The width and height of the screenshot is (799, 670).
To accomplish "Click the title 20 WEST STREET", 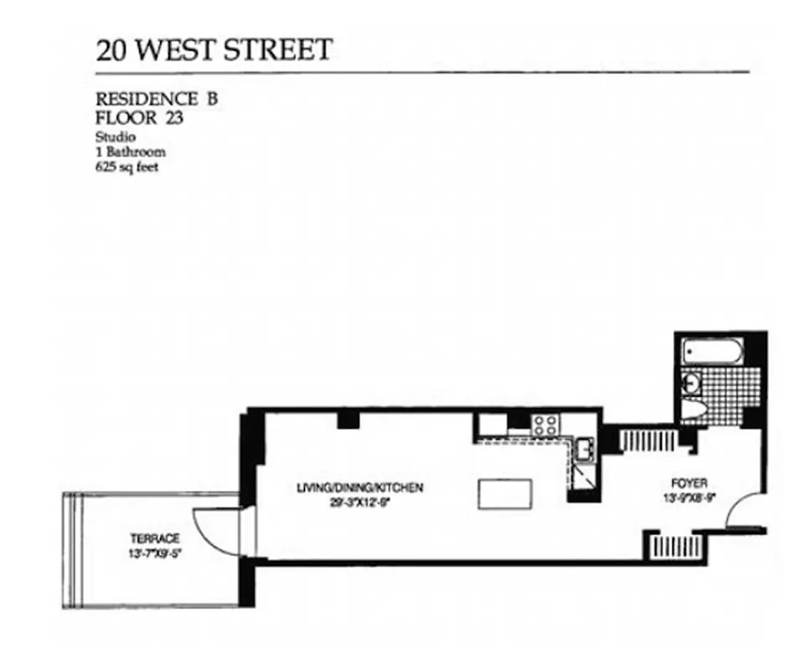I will click(x=214, y=49).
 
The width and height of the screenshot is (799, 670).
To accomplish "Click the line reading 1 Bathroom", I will click(x=131, y=152).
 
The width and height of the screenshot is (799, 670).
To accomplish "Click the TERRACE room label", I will click(x=150, y=538).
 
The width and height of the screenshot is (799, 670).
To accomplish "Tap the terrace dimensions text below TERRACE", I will click(x=150, y=552).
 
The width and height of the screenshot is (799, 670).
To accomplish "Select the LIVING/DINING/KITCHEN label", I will click(x=360, y=487).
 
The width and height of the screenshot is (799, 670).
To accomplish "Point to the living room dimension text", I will click(x=360, y=502).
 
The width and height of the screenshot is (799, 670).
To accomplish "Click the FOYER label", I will click(x=689, y=483).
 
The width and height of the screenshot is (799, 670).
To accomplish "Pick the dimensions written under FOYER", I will click(x=689, y=497).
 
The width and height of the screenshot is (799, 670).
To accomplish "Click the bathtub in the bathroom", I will click(x=711, y=353).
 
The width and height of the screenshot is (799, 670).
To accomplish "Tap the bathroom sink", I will click(x=692, y=383).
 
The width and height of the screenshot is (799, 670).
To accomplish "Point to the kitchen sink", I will click(x=585, y=450).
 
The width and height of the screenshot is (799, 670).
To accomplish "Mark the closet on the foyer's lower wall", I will click(x=674, y=547).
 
